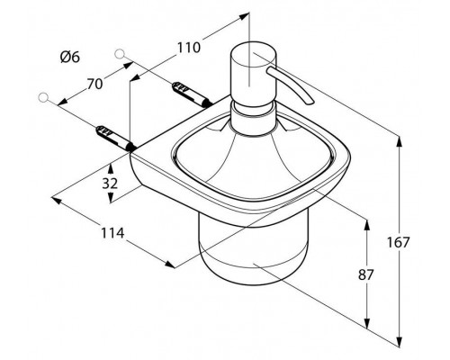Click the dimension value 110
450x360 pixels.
click(x=188, y=48)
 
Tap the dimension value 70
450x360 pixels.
click(x=94, y=84)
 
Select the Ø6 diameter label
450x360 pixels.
click(x=70, y=57)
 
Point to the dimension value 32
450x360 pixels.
click(x=110, y=184)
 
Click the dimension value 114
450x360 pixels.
click(x=112, y=233)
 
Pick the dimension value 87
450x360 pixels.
click(x=365, y=274)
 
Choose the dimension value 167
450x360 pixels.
click(x=398, y=242)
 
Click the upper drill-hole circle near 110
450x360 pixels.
click(x=120, y=53)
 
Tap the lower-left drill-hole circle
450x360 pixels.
click(x=44, y=98)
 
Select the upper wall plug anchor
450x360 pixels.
click(x=191, y=94)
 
